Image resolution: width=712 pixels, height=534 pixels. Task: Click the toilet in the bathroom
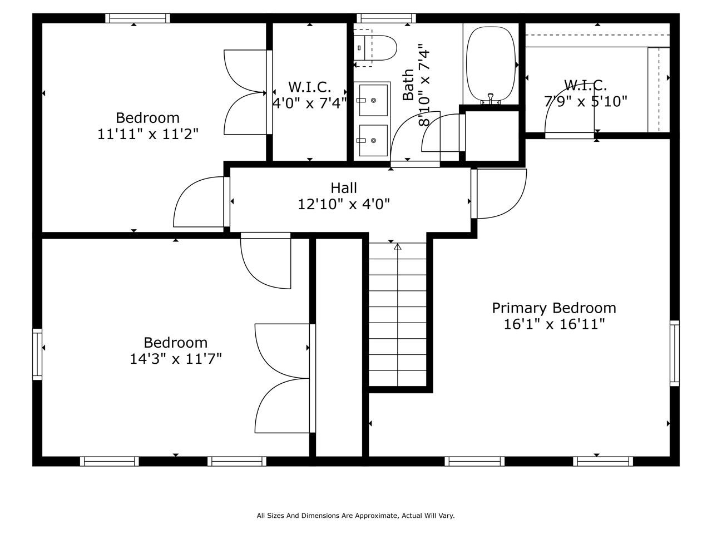[375, 48]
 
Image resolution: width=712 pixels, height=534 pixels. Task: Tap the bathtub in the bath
[491, 64]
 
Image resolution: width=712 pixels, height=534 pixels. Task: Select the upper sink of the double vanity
[373, 100]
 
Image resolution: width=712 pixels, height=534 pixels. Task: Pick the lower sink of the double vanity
[373, 140]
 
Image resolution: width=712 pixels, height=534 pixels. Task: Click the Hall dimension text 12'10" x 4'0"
[344, 204]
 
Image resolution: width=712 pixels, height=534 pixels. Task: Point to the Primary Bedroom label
[554, 308]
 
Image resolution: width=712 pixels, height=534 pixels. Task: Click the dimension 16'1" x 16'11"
[554, 324]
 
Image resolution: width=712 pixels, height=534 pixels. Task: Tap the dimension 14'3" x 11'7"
[175, 359]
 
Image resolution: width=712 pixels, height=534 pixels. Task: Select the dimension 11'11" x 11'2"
[147, 134]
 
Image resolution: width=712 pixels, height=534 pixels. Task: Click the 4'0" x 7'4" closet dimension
[310, 103]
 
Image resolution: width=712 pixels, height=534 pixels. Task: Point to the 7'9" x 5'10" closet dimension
[586, 101]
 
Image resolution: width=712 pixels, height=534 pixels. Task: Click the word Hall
[344, 188]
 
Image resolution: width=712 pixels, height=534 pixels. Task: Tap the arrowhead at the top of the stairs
[398, 246]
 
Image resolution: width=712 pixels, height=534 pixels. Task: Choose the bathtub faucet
[491, 98]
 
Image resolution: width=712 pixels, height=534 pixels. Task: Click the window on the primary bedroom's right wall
[675, 353]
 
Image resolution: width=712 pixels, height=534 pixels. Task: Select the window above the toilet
[386, 18]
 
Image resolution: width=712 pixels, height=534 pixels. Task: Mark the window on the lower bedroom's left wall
[37, 354]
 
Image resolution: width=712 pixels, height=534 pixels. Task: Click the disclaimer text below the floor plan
[356, 516]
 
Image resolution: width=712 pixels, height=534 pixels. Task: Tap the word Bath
[408, 85]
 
